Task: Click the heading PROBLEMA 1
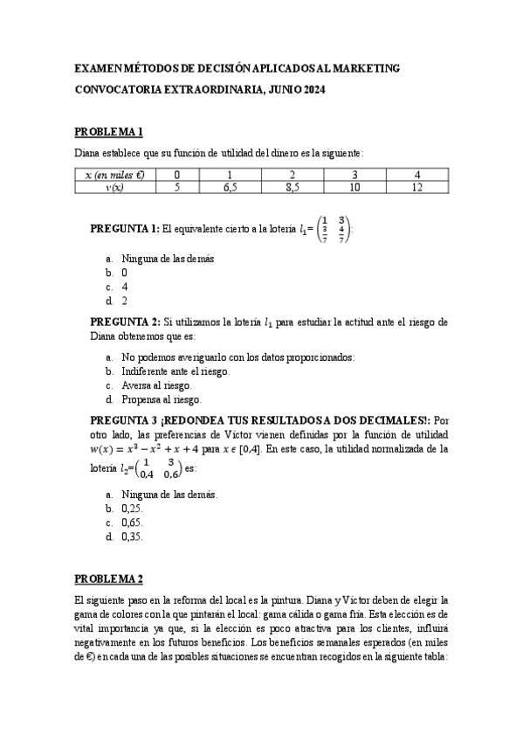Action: pyautogui.click(x=108, y=131)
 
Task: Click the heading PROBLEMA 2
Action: pyautogui.click(x=108, y=578)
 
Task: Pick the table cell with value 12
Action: pyautogui.click(x=416, y=187)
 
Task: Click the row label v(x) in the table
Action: pyautogui.click(x=114, y=187)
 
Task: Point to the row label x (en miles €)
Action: pyautogui.click(x=114, y=175)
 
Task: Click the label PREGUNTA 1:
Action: pyautogui.click(x=125, y=229)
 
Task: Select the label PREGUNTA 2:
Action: pyautogui.click(x=125, y=322)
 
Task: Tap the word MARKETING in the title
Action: pyautogui.click(x=361, y=67)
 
